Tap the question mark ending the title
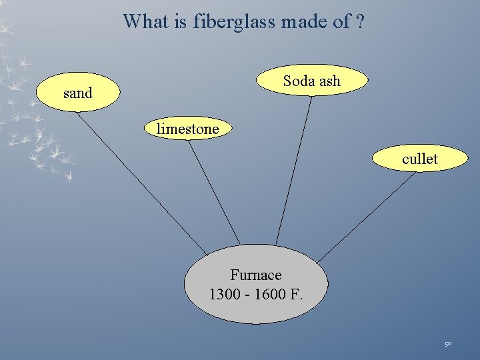[x=360, y=21]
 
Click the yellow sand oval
[x=78, y=93]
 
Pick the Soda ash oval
[x=311, y=81]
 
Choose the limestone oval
[x=187, y=129]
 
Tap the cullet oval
[x=420, y=159]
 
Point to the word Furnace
[x=256, y=275]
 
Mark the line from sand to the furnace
[x=140, y=177]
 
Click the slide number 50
[x=448, y=344]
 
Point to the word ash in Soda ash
[x=329, y=81]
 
